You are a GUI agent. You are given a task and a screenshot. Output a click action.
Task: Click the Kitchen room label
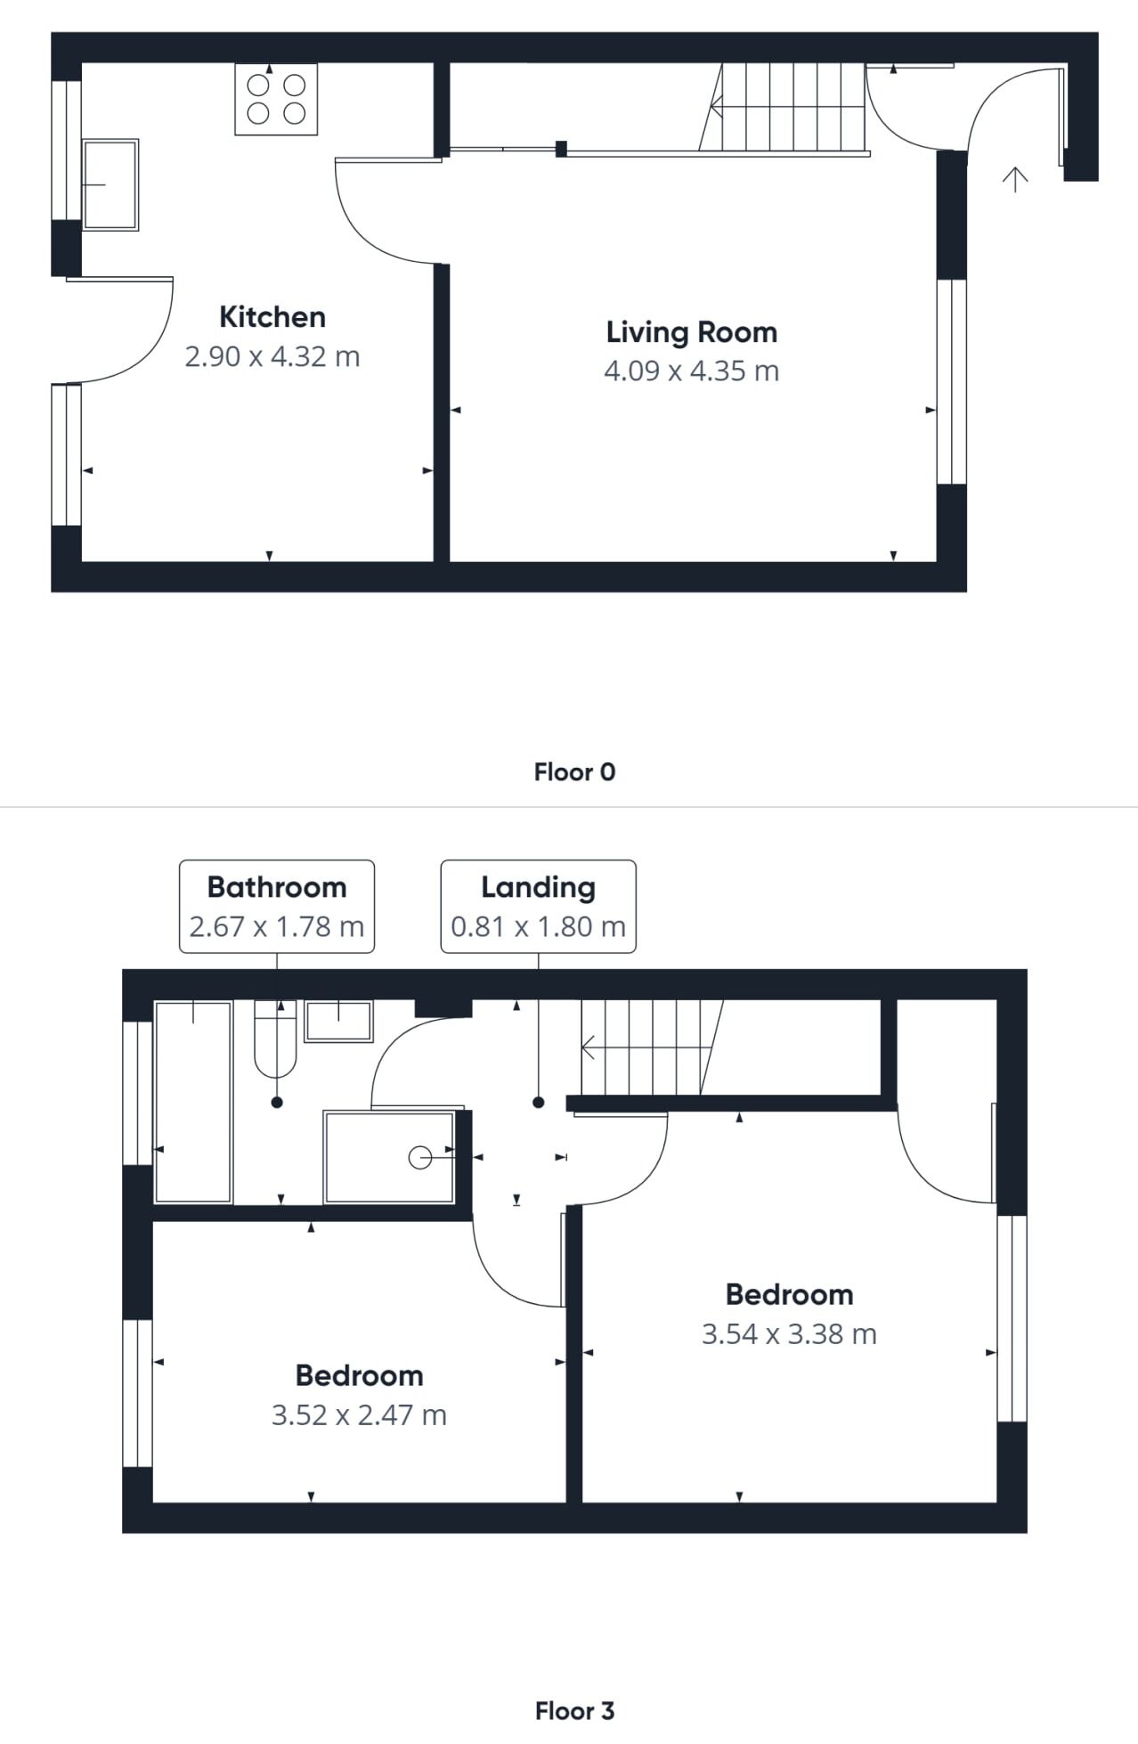click(x=272, y=317)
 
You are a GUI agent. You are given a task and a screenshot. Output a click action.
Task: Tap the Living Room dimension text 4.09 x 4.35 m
click(x=692, y=371)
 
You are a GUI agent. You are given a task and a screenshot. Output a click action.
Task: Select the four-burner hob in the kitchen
click(x=276, y=99)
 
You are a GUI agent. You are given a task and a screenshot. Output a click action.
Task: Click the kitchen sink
click(x=110, y=184)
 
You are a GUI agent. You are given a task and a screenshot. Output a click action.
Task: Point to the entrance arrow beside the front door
click(x=1015, y=179)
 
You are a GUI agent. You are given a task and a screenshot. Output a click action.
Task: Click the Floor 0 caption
click(x=574, y=772)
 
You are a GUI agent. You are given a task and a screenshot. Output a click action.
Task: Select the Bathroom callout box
click(x=277, y=907)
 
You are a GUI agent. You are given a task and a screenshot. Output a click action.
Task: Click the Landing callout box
click(x=539, y=907)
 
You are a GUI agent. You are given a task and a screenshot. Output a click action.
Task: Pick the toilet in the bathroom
click(x=275, y=1039)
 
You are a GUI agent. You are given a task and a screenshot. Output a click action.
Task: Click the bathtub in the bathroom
click(x=194, y=1102)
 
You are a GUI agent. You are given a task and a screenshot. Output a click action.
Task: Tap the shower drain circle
click(x=419, y=1157)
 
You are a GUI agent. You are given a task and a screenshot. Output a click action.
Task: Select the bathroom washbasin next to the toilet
click(x=338, y=1022)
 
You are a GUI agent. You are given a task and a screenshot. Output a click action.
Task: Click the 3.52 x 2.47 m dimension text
click(x=359, y=1415)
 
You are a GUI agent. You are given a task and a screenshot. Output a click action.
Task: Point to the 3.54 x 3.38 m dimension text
click(x=789, y=1334)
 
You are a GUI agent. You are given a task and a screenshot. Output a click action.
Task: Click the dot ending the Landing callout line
click(x=539, y=1103)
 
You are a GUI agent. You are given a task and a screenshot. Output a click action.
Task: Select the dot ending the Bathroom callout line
click(x=277, y=1103)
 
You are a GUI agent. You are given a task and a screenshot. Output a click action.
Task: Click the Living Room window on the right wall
click(x=952, y=382)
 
